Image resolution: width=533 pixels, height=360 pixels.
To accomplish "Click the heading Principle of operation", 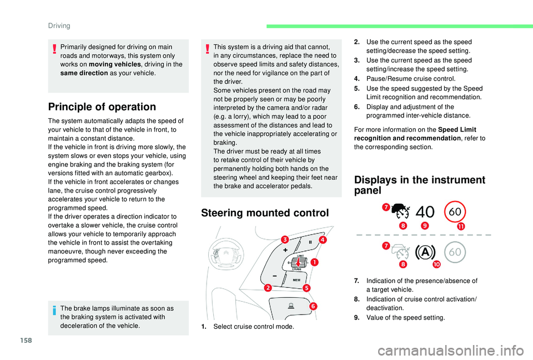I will click(x=102, y=107).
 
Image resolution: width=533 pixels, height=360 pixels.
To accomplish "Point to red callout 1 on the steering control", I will click(x=314, y=261).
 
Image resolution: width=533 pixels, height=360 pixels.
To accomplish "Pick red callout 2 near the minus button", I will click(x=268, y=287).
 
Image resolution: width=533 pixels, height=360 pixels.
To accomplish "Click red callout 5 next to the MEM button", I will click(x=306, y=287).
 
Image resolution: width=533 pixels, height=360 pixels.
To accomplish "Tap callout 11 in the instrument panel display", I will click(x=461, y=226).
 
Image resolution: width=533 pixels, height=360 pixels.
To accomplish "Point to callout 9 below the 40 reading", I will click(x=425, y=226).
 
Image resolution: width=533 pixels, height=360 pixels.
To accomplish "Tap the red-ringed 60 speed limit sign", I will click(x=455, y=212).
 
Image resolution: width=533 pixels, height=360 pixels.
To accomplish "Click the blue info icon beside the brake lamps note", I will click(x=54, y=310).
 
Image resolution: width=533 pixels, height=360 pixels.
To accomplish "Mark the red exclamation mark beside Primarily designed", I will click(x=54, y=48).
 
